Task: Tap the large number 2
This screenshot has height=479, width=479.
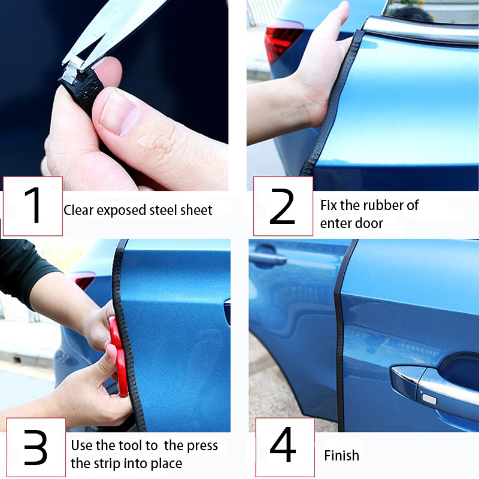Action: click(282, 207)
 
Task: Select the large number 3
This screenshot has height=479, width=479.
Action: click(35, 447)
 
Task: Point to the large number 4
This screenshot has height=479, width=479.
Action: click(283, 444)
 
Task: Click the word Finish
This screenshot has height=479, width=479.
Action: click(341, 456)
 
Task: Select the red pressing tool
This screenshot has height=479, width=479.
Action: click(119, 356)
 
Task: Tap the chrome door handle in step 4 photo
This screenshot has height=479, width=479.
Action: click(433, 386)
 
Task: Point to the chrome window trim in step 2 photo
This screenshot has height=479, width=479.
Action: click(420, 31)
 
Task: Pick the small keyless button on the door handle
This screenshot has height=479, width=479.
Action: click(429, 399)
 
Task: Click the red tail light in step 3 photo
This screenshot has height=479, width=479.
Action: click(84, 280)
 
